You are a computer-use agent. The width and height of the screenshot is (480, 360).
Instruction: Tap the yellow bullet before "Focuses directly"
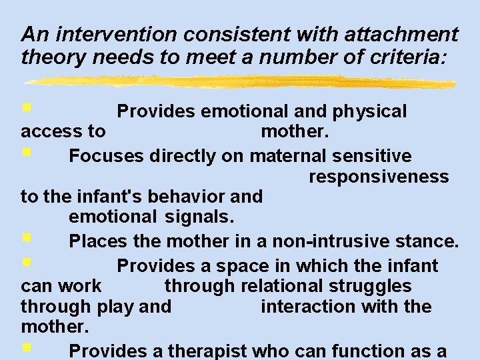tap(25, 154)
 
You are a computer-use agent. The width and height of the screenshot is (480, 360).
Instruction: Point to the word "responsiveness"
tap(379, 177)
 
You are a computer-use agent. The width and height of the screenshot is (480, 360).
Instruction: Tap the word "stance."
tap(433, 240)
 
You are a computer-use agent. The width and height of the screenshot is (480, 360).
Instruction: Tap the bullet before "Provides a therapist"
tap(25, 347)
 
